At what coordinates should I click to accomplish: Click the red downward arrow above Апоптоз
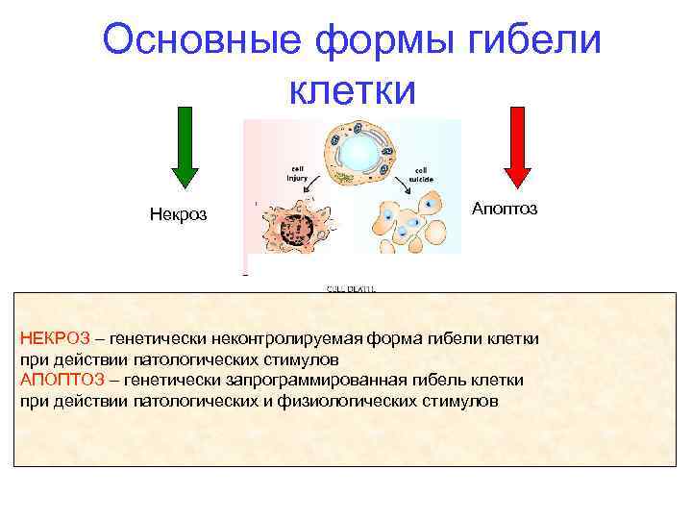click(518, 145)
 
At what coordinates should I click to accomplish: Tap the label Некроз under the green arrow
click(178, 213)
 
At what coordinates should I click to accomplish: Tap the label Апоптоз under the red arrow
click(505, 209)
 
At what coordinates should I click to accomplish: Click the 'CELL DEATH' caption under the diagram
click(352, 287)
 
